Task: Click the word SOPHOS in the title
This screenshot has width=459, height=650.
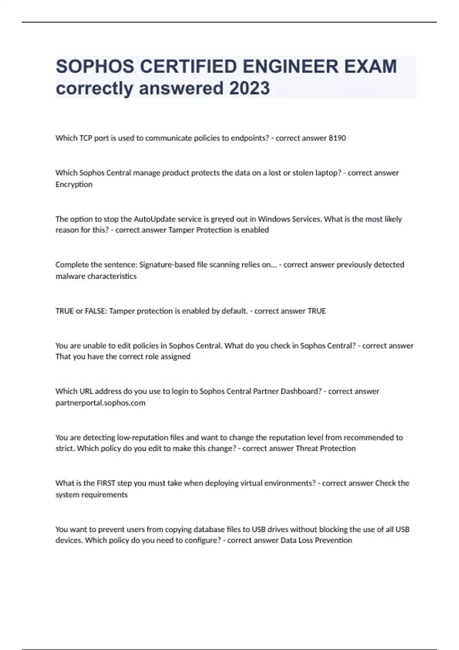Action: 94,67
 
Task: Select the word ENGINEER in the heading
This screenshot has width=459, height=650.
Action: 291,67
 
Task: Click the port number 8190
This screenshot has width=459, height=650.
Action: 337,138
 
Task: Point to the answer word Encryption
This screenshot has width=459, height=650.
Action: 74,184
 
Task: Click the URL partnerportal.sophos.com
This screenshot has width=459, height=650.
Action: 100,403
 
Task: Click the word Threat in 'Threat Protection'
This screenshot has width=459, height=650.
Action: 307,448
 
